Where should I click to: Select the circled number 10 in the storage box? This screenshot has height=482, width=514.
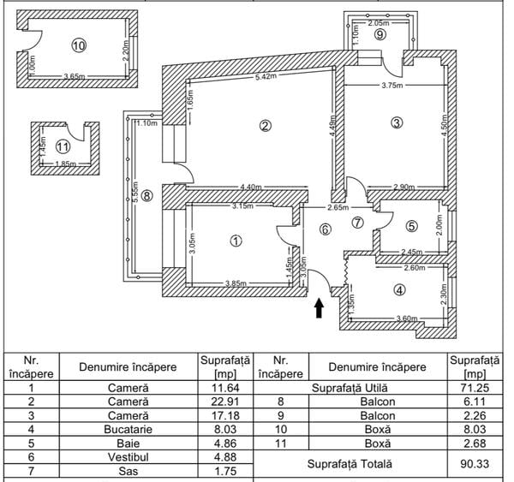point(79,45)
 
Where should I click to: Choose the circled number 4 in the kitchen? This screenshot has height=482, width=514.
point(399,289)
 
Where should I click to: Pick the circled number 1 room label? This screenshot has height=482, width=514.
point(236,241)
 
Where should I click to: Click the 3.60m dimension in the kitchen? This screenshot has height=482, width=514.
point(397,320)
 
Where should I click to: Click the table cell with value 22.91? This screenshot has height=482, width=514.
point(224,401)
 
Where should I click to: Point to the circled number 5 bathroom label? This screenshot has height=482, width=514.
point(411,226)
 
